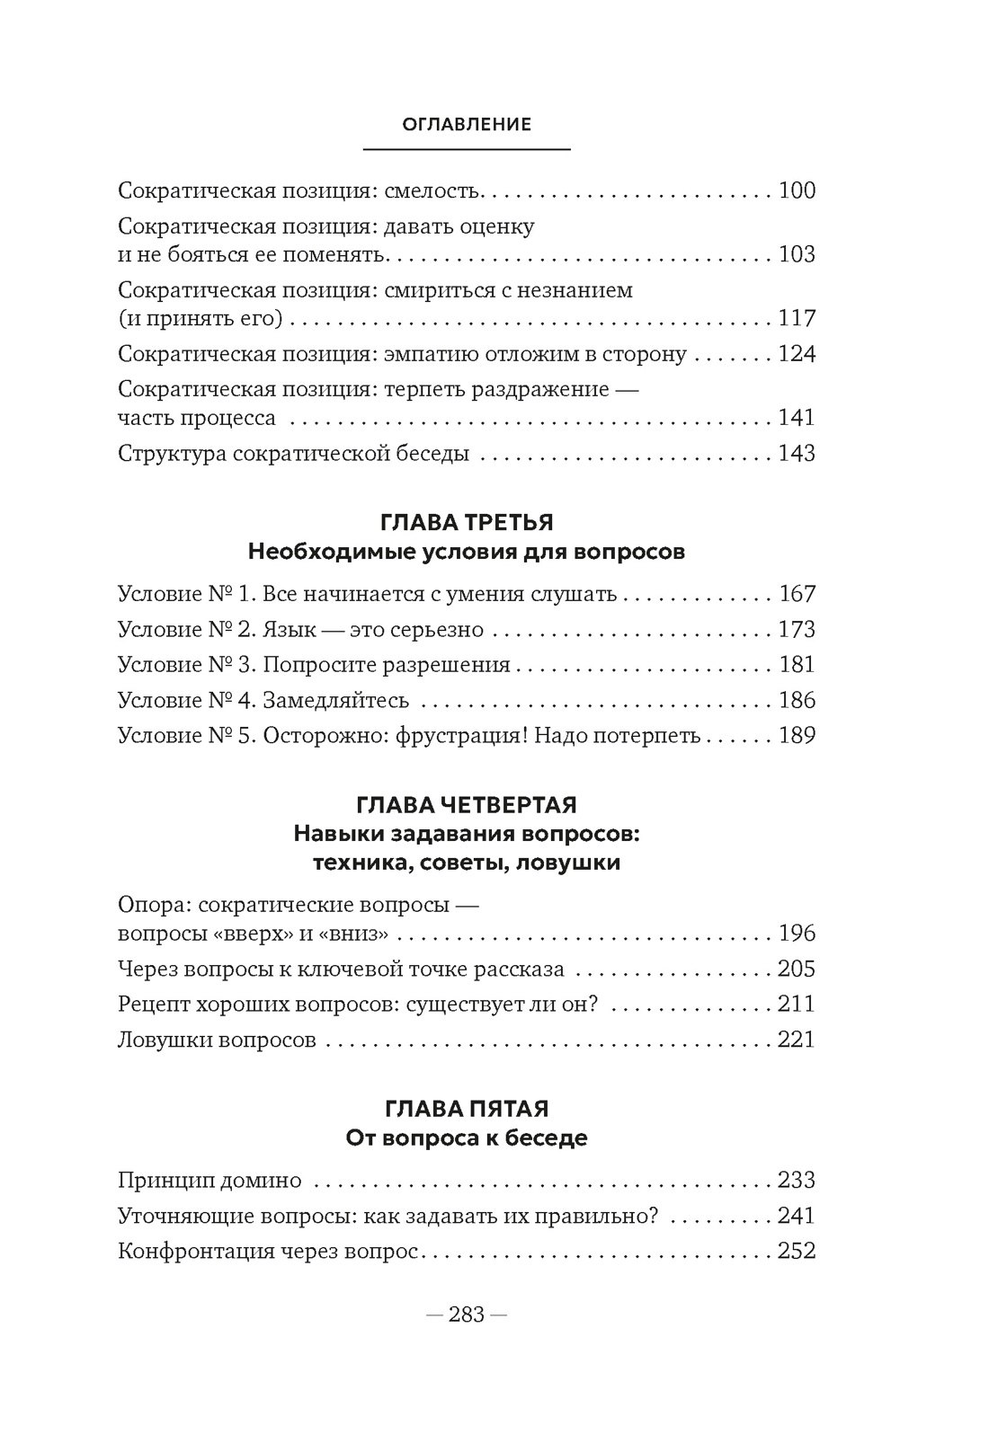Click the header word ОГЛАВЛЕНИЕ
coord(467,125)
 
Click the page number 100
coord(797,191)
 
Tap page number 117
coord(797,318)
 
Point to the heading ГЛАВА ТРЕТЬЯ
coord(467,523)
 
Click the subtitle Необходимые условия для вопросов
coord(466,552)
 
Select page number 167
coord(797,594)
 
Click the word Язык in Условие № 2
coord(290,630)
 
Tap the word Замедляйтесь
coord(336,701)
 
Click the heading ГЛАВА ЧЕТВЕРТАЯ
coord(467,804)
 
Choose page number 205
coord(797,969)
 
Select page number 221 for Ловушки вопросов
coord(797,1040)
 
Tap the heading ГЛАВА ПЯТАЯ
coord(467,1109)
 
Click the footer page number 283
coord(467,1315)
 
